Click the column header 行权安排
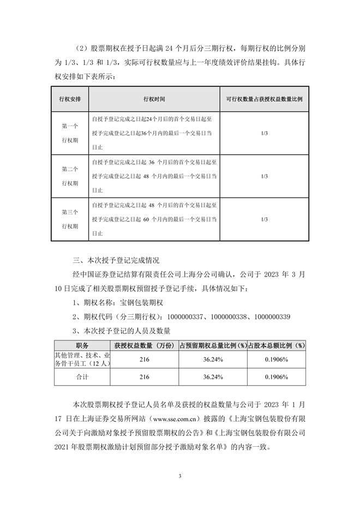70,100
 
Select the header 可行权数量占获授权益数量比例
265,100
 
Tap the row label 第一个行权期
70,133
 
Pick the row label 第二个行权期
70,176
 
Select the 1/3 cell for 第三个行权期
265,219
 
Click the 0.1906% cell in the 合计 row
276,377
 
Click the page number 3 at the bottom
179,476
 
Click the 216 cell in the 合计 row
145,377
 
